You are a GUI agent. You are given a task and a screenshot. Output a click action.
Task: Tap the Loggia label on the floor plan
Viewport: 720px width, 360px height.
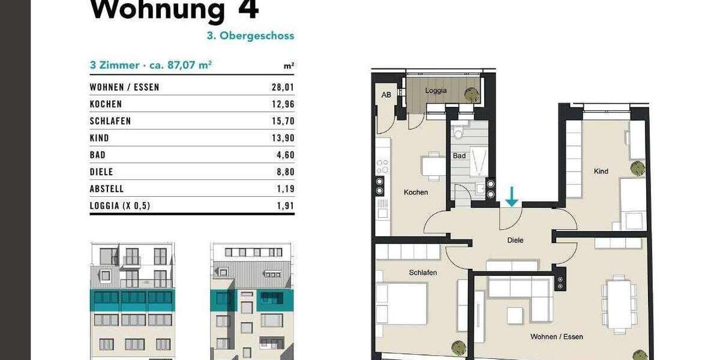click(436, 91)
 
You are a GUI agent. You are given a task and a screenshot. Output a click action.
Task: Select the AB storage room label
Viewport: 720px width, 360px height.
click(386, 94)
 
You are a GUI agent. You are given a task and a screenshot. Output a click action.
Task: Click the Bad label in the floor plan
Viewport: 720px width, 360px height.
click(460, 155)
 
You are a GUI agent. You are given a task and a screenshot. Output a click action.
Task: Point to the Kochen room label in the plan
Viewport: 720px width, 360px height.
click(416, 193)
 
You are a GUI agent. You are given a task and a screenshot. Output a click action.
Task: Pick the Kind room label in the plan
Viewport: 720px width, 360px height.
click(601, 171)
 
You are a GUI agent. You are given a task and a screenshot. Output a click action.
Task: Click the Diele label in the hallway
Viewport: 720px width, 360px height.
click(515, 240)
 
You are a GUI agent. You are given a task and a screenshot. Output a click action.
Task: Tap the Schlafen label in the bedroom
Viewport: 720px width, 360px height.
click(422, 272)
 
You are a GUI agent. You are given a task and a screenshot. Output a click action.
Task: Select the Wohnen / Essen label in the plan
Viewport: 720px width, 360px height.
click(556, 337)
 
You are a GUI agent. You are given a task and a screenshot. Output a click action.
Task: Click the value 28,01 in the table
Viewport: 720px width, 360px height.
click(283, 87)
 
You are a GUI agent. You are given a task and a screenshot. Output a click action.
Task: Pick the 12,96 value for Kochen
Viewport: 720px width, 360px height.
click(283, 104)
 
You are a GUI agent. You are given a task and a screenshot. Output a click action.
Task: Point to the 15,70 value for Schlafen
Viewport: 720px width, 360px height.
click(283, 121)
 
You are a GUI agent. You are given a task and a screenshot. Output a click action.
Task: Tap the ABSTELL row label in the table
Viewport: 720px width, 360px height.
click(106, 188)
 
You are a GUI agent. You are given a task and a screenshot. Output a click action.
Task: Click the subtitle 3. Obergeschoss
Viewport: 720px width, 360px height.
click(250, 35)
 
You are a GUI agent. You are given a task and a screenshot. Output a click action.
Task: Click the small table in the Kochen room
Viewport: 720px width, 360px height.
click(433, 164)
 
